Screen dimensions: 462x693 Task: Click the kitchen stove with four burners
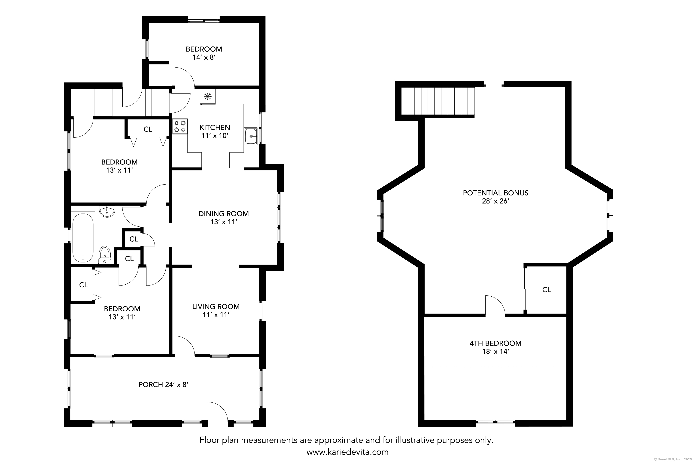tap(180, 126)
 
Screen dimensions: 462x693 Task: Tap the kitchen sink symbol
tap(250, 136)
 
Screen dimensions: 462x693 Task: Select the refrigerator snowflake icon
tap(208, 96)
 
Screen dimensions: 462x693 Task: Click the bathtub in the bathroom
tap(83, 238)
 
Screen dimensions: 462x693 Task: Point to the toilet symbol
tap(105, 255)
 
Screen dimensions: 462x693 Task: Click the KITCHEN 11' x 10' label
tap(215, 131)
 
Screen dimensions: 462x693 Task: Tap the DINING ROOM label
tap(223, 214)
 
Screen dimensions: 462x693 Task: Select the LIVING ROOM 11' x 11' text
tap(216, 310)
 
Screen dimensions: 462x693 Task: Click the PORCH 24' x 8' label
tap(163, 385)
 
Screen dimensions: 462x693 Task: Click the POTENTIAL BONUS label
tap(495, 193)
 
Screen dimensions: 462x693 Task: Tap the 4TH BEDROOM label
tap(495, 343)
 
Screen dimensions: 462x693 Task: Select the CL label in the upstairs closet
tap(546, 290)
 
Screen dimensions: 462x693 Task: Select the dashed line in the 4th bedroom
tap(494, 367)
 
